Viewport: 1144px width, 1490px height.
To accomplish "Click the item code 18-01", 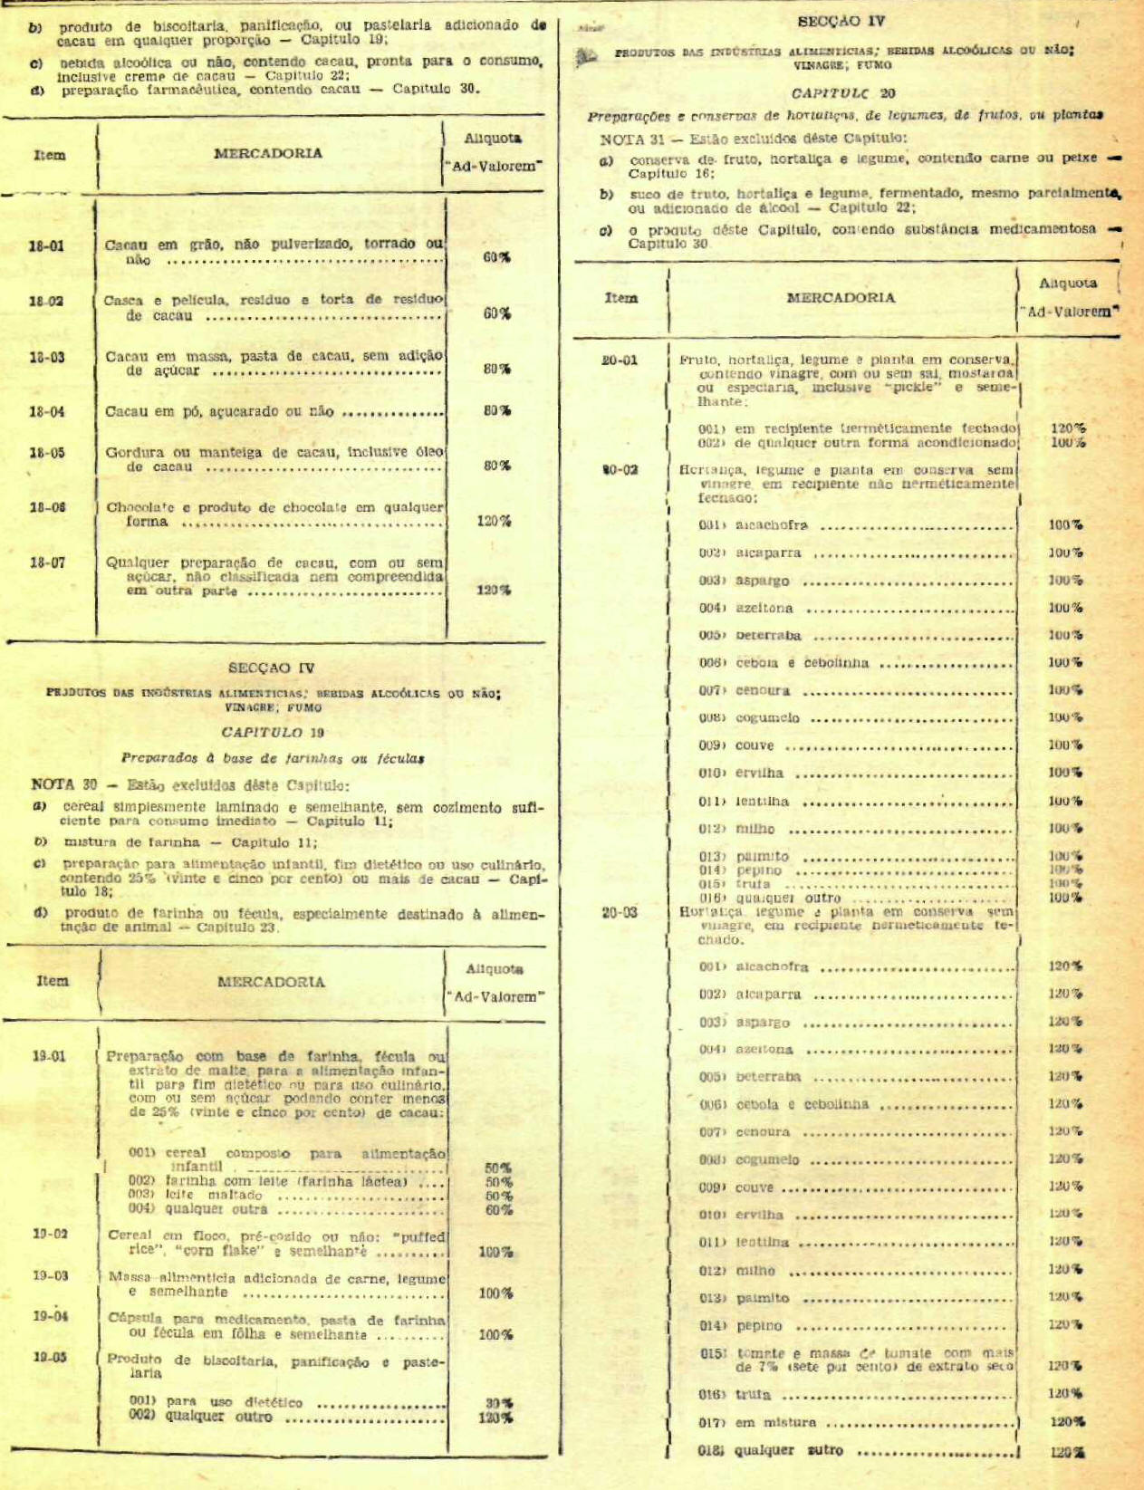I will point(46,245).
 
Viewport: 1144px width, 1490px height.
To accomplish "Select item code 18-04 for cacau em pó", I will point(46,411).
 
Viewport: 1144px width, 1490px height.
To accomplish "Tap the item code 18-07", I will point(46,562).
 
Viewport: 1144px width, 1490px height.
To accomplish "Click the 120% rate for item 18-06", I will point(495,521).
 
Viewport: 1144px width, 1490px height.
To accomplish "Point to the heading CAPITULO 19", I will point(273,732).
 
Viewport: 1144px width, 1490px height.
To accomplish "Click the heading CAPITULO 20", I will point(842,92).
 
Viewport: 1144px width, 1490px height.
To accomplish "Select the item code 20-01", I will point(620,360).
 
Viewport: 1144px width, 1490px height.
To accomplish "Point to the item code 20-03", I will point(620,912).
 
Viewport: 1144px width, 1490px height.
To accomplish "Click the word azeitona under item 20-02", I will point(764,608).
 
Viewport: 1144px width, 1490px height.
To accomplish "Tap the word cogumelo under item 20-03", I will point(767,1159).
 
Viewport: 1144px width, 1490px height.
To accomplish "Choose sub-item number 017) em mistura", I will point(711,1422).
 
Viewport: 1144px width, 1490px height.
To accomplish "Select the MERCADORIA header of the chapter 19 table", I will point(271,981).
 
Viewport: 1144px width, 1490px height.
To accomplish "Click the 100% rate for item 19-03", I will point(495,1293).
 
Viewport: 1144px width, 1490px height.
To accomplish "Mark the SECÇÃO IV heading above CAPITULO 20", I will point(841,21).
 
